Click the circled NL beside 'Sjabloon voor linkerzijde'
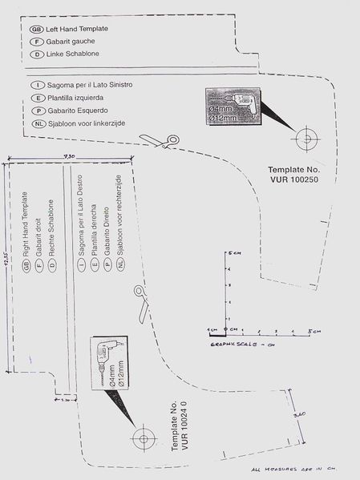click(x=36, y=123)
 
